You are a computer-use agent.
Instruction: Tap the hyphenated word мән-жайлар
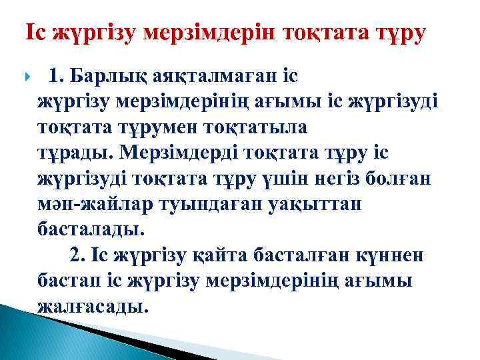(99, 204)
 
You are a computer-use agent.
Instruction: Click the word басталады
(91, 229)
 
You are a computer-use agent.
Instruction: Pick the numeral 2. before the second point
(78, 255)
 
